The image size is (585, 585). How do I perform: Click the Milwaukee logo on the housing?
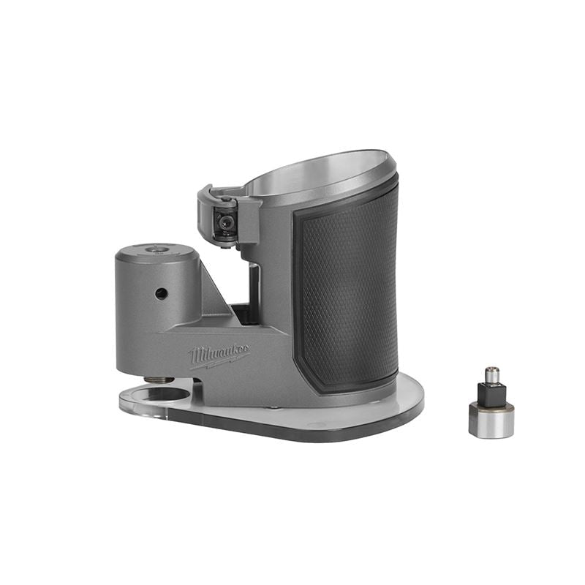[x=219, y=355]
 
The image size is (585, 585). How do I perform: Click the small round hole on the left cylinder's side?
[x=161, y=293]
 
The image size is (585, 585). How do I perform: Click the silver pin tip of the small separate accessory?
[x=491, y=374]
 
